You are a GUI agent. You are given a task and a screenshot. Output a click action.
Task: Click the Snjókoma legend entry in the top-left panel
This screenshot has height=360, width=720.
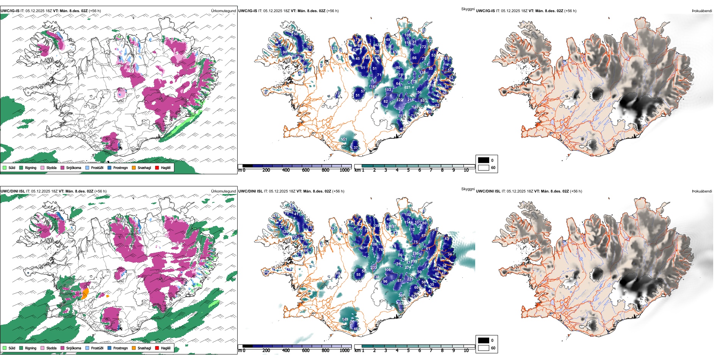(x=74, y=167)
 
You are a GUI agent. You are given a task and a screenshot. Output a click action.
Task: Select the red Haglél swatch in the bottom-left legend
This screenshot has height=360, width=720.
(x=157, y=348)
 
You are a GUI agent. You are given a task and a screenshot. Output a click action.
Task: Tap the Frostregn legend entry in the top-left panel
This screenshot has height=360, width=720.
(x=120, y=167)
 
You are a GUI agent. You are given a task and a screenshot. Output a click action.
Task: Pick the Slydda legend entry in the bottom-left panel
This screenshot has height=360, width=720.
(x=51, y=348)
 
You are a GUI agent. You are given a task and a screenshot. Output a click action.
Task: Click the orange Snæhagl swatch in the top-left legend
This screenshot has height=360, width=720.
(x=134, y=167)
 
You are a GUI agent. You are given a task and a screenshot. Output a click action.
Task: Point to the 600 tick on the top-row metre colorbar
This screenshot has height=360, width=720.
(x=306, y=170)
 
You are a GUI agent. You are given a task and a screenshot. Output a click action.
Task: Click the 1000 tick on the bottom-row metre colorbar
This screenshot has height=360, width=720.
(x=344, y=351)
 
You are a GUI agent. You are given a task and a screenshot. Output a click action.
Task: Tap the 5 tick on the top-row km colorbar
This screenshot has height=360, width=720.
(x=408, y=170)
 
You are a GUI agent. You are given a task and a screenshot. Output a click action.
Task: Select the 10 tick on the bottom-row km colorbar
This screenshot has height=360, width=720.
(x=466, y=351)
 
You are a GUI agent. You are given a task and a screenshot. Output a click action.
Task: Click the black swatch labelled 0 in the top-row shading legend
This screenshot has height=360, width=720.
(x=484, y=160)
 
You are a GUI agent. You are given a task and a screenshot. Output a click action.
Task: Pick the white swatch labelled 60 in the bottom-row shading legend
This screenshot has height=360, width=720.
(x=484, y=348)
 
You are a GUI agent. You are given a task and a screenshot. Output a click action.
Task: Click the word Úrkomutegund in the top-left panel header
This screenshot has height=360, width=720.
(x=223, y=11)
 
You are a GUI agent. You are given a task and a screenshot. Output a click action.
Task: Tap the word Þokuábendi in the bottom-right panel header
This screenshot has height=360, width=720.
(x=702, y=191)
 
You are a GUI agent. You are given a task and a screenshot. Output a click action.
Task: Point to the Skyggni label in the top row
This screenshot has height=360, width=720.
(x=468, y=9)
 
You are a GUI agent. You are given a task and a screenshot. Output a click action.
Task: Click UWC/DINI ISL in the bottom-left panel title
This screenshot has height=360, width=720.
(x=13, y=191)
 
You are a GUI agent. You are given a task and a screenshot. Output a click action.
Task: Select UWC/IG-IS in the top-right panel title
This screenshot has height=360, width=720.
(x=485, y=11)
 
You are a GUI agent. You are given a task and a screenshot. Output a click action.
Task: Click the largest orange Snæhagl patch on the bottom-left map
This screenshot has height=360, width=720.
(x=85, y=293)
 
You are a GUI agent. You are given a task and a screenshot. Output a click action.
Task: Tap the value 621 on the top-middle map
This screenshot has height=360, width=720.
(x=407, y=88)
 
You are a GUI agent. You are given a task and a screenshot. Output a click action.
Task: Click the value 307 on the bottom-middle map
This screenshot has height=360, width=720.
(x=401, y=296)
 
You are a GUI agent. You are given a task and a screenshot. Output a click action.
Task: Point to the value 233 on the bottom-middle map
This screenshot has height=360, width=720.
(x=374, y=268)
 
